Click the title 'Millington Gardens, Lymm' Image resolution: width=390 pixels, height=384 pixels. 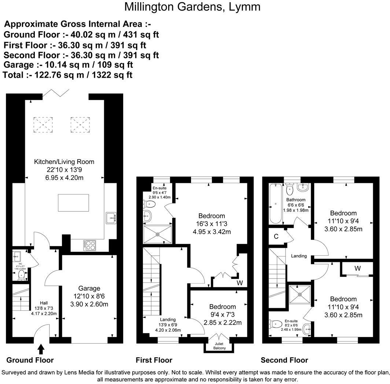pyautogui.click(x=192, y=7)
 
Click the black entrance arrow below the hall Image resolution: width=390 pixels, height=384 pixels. pyautogui.click(x=41, y=348)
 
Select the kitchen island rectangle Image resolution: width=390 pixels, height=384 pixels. pyautogui.click(x=73, y=202)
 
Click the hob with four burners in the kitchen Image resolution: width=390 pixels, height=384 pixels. pyautogui.click(x=90, y=245)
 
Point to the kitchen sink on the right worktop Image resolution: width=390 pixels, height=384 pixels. pyautogui.click(x=111, y=218)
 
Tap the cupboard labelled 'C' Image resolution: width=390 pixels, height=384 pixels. pyautogui.click(x=276, y=237)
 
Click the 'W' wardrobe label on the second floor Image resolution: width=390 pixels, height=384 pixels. pyautogui.click(x=357, y=268)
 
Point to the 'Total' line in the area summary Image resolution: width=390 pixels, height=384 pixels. pyautogui.click(x=67, y=75)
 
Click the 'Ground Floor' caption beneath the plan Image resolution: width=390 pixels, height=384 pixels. pyautogui.click(x=30, y=360)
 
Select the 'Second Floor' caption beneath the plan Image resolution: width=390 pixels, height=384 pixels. pyautogui.click(x=284, y=360)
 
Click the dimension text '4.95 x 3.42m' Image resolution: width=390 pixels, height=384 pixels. pyautogui.click(x=211, y=232)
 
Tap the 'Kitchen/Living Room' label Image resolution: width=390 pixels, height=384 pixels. pyautogui.click(x=64, y=162)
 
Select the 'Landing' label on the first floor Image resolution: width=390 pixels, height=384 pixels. pyautogui.click(x=168, y=320)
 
